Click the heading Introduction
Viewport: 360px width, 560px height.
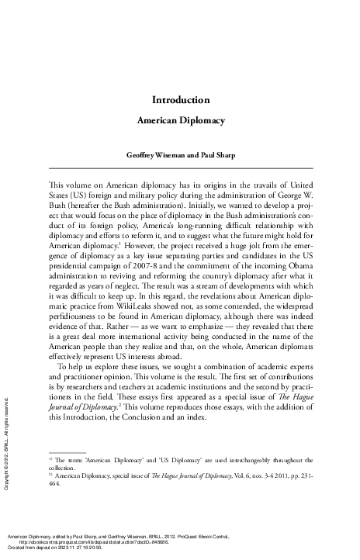coord(179,100)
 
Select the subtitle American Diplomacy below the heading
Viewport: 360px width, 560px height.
coord(179,122)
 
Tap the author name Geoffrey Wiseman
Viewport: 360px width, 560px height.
coord(152,155)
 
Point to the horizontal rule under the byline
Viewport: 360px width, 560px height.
coord(179,168)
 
